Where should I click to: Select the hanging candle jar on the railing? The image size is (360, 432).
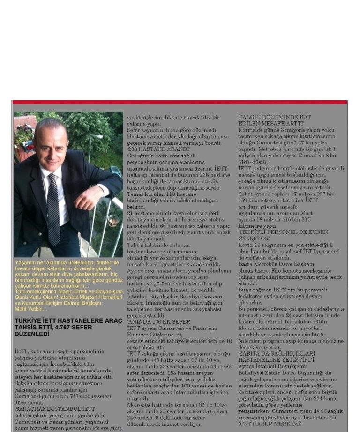pyautogui.click(x=113, y=220)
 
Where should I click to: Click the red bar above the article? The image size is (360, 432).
pyautogui.click(x=180, y=102)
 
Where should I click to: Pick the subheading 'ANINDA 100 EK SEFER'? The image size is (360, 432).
pyautogui.click(x=159, y=322)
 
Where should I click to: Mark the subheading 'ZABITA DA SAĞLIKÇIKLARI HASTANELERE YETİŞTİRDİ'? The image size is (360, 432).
pyautogui.click(x=277, y=357)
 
